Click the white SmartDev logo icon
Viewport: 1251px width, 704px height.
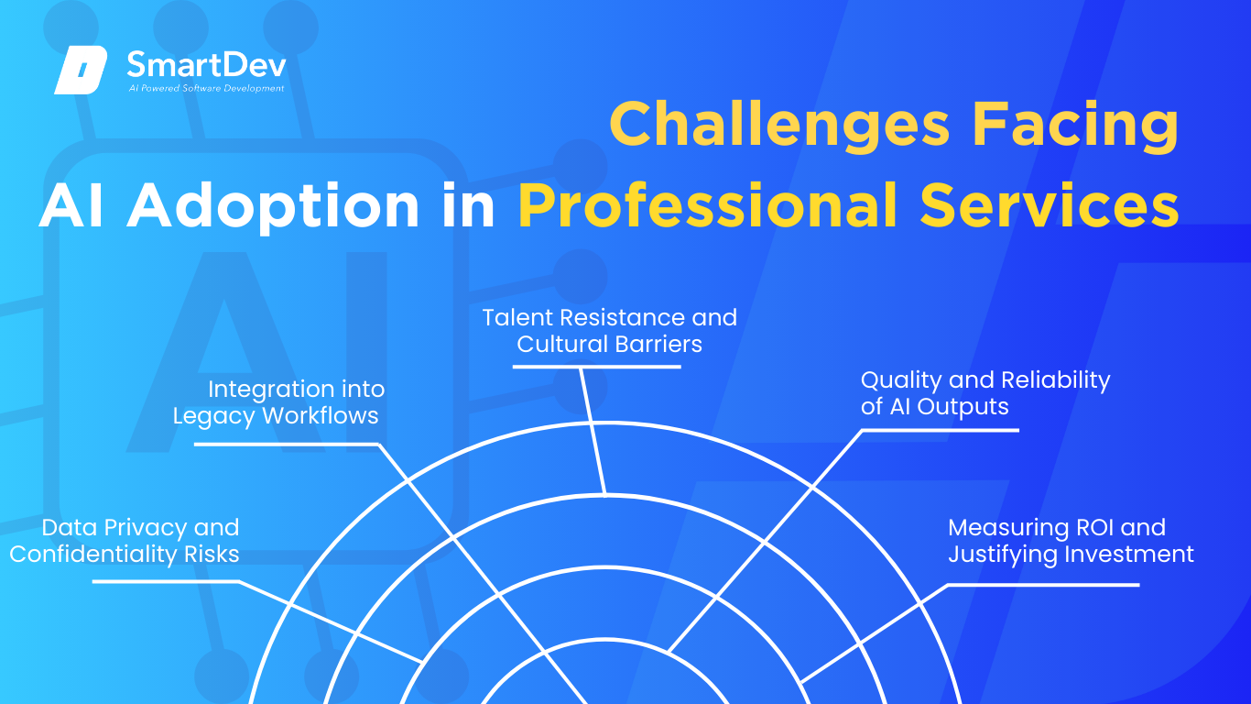pyautogui.click(x=81, y=70)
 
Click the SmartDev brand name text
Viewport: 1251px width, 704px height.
pyautogui.click(x=207, y=65)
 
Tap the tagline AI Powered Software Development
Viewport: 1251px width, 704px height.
pyautogui.click(x=207, y=88)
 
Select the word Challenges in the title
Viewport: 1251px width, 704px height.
pyautogui.click(x=779, y=126)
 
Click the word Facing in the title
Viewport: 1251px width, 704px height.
pyautogui.click(x=1075, y=126)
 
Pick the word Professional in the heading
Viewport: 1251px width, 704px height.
pyautogui.click(x=707, y=204)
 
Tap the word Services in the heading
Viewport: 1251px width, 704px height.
pyautogui.click(x=1049, y=204)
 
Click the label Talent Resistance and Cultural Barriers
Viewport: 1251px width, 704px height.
pyautogui.click(x=609, y=331)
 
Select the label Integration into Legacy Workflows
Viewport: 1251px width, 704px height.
pyautogui.click(x=278, y=402)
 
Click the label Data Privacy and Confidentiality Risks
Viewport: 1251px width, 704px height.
pyautogui.click(x=125, y=541)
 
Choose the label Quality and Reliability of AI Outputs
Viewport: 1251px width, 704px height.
pyautogui.click(x=985, y=393)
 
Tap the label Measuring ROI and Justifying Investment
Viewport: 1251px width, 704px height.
pyautogui.click(x=1071, y=541)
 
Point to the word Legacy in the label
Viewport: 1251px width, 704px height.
pyautogui.click(x=214, y=416)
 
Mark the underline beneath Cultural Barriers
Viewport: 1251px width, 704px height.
pyautogui.click(x=596, y=367)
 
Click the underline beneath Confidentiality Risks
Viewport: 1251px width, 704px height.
pyautogui.click(x=166, y=582)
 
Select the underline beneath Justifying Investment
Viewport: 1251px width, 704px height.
pyautogui.click(x=1043, y=585)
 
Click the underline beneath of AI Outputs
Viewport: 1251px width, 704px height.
pyautogui.click(x=940, y=430)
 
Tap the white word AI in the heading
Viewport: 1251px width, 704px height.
pyautogui.click(x=71, y=205)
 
